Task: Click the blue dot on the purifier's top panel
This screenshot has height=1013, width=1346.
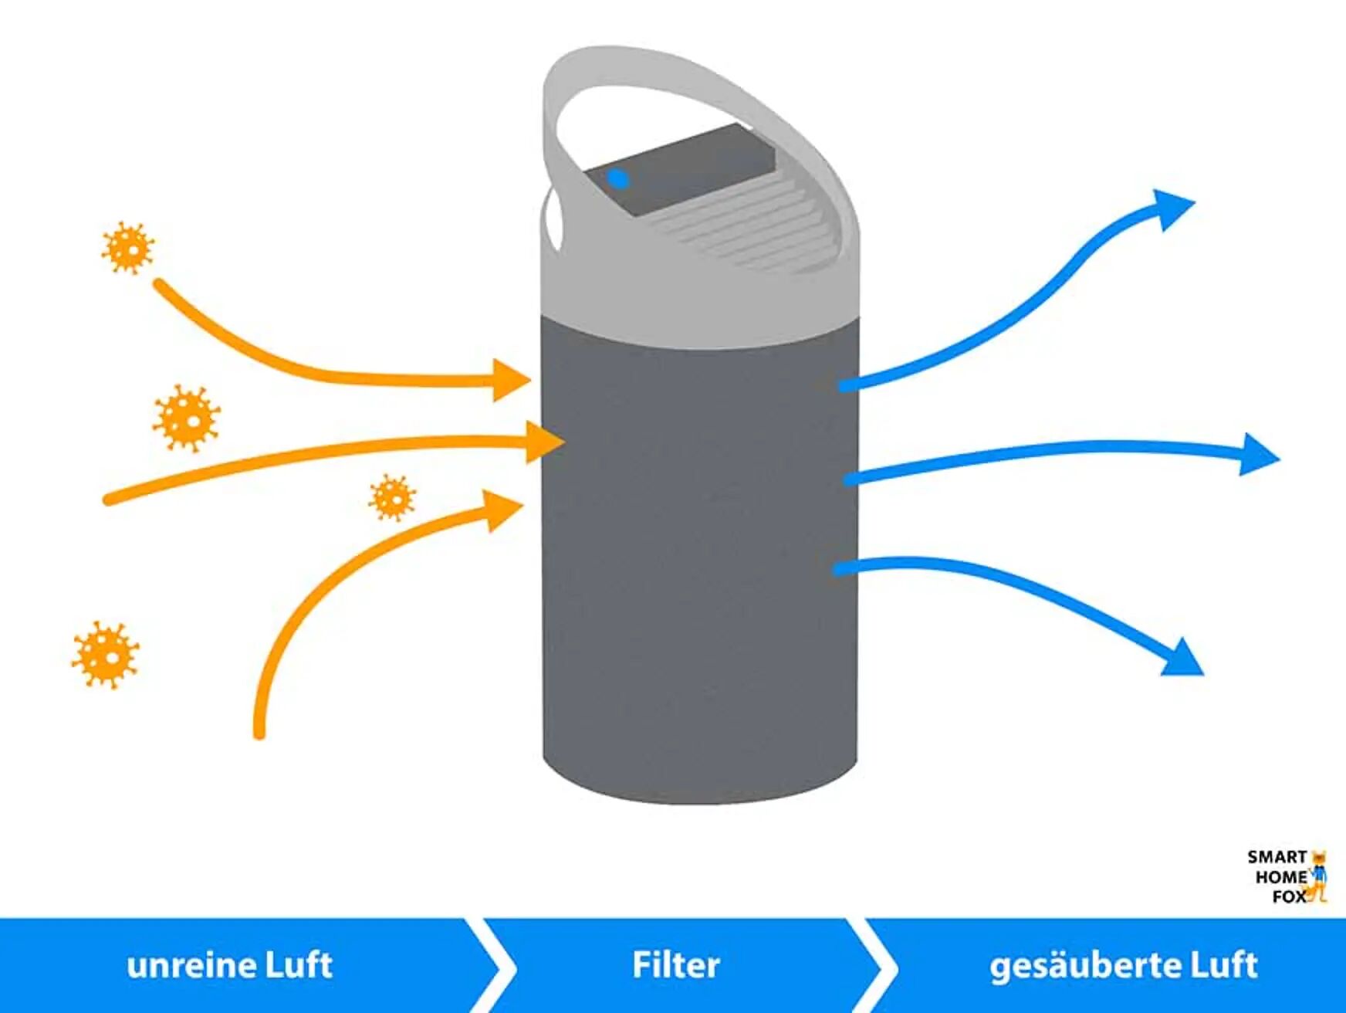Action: click(x=617, y=179)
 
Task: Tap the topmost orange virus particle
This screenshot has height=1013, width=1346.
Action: click(x=128, y=248)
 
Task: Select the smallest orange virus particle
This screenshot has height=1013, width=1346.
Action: click(x=392, y=498)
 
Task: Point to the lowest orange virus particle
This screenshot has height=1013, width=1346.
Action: click(x=106, y=656)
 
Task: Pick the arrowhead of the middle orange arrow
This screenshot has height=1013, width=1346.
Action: click(x=543, y=442)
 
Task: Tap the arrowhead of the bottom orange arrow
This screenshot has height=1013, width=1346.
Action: click(x=502, y=510)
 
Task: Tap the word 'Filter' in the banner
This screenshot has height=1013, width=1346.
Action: click(x=676, y=966)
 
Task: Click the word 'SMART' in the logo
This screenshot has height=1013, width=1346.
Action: click(x=1277, y=857)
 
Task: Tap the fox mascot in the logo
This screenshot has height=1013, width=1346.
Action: click(x=1319, y=877)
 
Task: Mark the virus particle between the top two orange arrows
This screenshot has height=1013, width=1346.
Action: click(x=186, y=418)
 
